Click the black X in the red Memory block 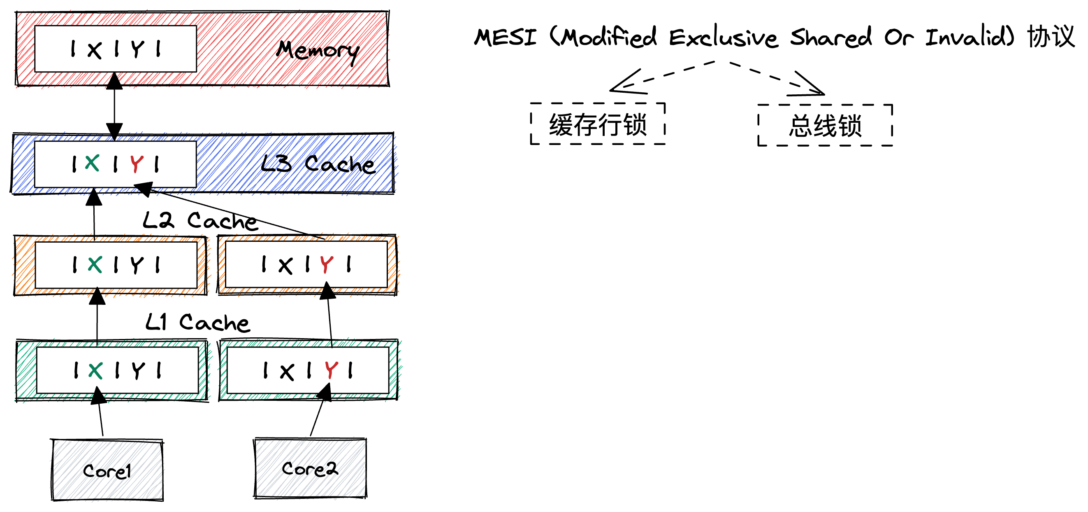[95, 51]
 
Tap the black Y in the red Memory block [137, 49]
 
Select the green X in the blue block [92, 163]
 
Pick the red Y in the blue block [137, 164]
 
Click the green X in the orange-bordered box [95, 265]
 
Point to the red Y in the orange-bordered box [327, 265]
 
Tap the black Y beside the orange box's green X [137, 265]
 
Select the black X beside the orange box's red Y [285, 266]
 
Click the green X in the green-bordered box [95, 371]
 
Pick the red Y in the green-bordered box [332, 370]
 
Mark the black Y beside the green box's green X [138, 371]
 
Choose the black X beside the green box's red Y [287, 372]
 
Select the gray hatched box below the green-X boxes [107, 470]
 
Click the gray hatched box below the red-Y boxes [311, 468]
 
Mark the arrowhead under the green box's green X [98, 393]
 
